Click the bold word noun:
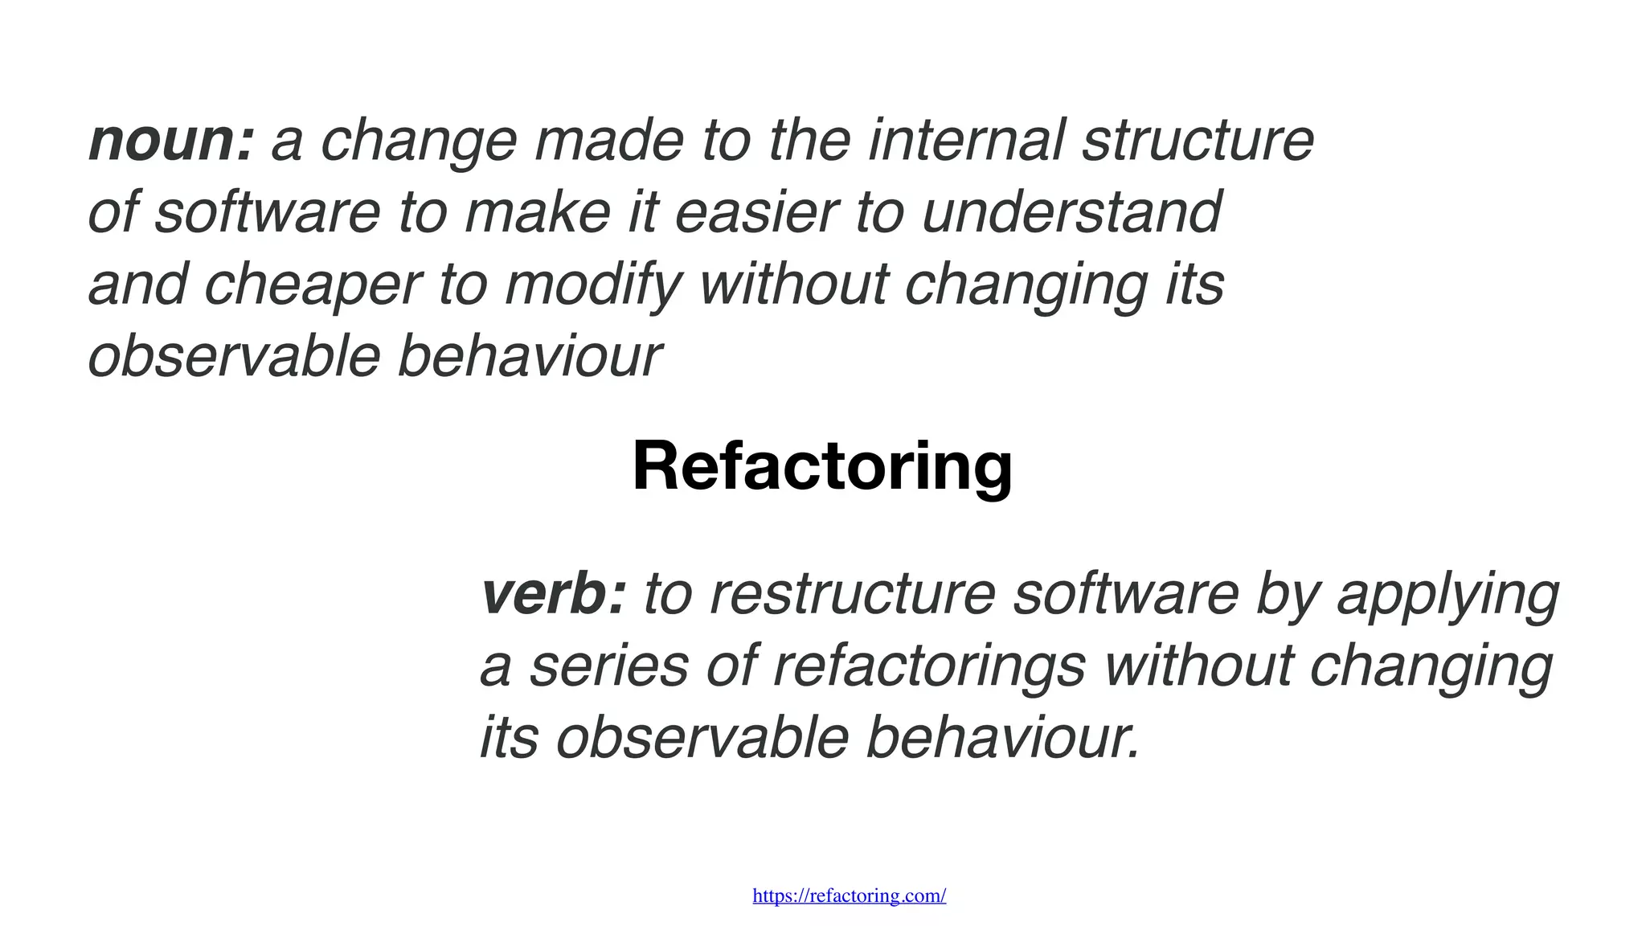coord(171,141)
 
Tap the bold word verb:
coord(553,595)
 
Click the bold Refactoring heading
coord(822,466)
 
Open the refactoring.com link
coord(849,895)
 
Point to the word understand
coord(1071,213)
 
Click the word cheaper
coord(313,285)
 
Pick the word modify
coord(593,285)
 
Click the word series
coord(608,667)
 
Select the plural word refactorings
coord(928,667)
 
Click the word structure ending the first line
coord(1198,141)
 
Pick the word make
coord(538,213)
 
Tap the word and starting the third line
coord(137,285)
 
